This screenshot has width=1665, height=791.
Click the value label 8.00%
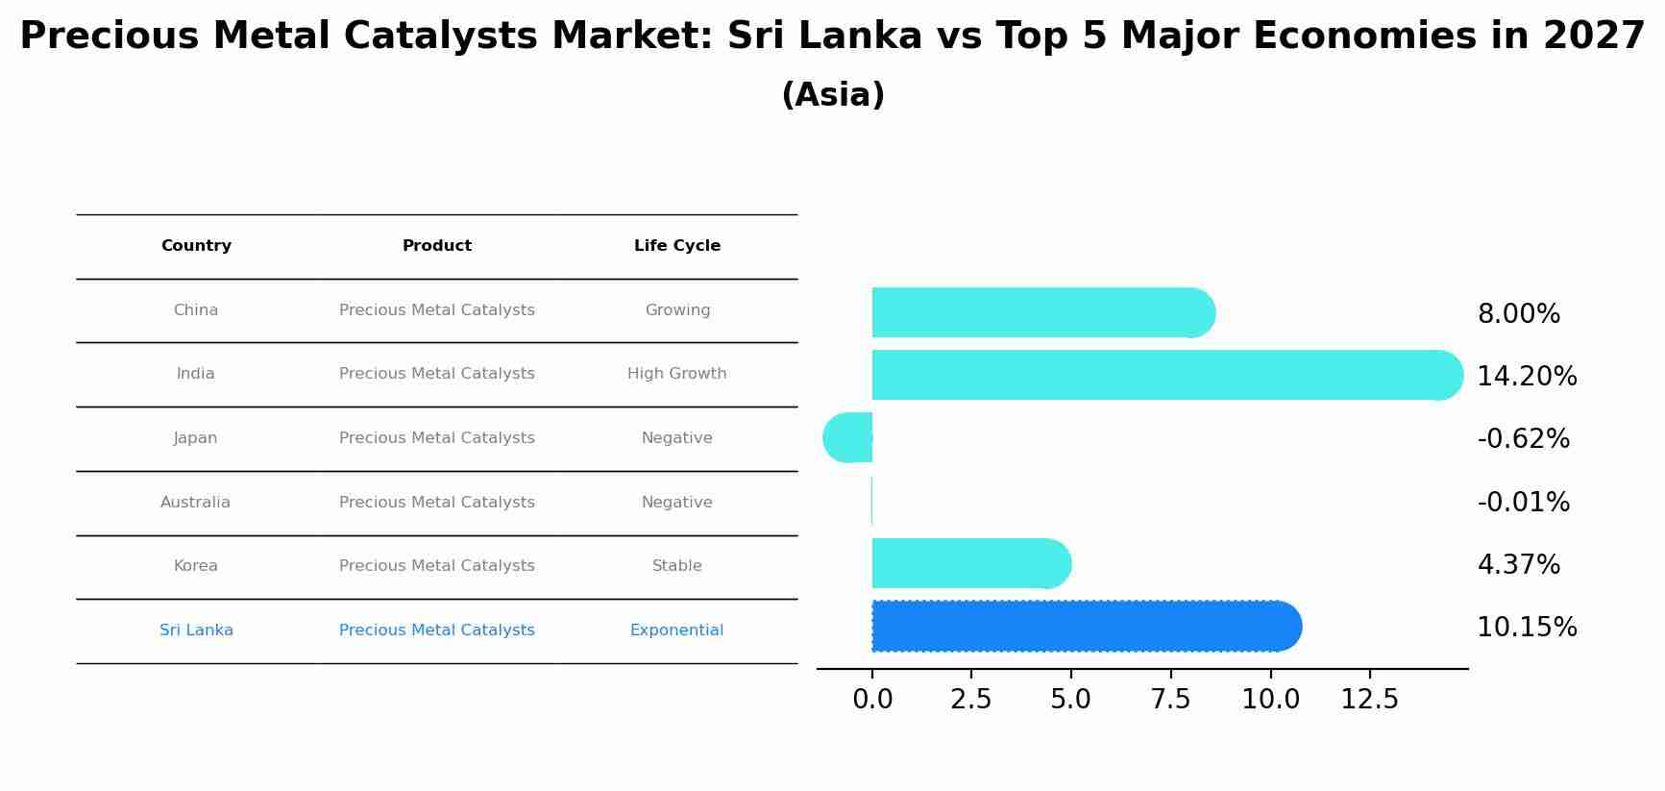click(x=1518, y=314)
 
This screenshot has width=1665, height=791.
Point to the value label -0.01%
click(x=1523, y=502)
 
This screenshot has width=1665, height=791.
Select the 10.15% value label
click(x=1526, y=628)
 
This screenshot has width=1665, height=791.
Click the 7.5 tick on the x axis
click(x=1170, y=699)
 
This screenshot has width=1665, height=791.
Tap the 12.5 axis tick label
click(x=1369, y=699)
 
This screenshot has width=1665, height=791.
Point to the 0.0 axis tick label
click(x=872, y=699)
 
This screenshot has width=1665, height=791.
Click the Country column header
click(x=196, y=246)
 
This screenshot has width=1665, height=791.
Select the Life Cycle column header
click(x=677, y=246)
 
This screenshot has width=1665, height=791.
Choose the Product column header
click(x=437, y=246)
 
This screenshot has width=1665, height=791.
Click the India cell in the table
click(x=196, y=374)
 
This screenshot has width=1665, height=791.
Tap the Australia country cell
click(x=196, y=502)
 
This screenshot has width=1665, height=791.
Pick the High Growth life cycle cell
click(x=677, y=374)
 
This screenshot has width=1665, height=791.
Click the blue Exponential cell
click(x=677, y=630)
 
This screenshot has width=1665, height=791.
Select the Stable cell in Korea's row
click(x=677, y=566)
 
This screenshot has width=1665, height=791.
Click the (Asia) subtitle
click(x=833, y=95)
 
